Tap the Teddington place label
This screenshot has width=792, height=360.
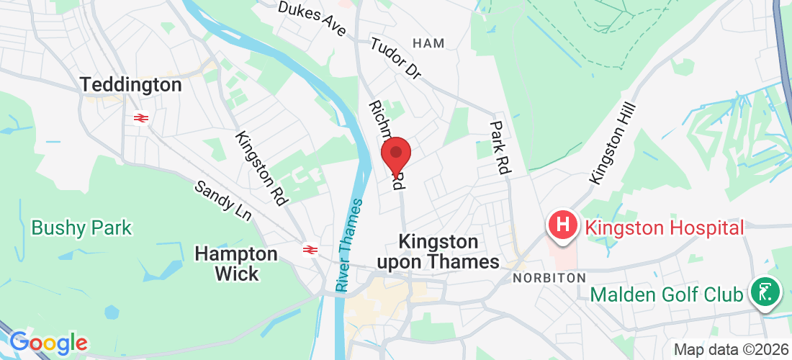coord(131,85)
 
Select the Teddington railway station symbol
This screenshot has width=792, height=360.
coord(140,117)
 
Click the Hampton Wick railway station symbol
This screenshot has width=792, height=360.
coord(310,250)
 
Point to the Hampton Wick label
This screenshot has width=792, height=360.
coord(236,264)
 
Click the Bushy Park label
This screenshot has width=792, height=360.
coord(81,228)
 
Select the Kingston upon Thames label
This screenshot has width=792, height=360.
coord(449,251)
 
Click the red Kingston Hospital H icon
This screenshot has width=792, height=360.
coord(564,225)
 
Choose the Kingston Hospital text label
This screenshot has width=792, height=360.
coord(664,228)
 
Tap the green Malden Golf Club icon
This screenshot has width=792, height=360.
coord(765,292)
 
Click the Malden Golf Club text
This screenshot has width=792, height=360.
coord(667,294)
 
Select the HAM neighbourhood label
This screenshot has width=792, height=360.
coord(429,43)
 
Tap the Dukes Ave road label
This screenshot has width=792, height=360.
coord(312,19)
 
